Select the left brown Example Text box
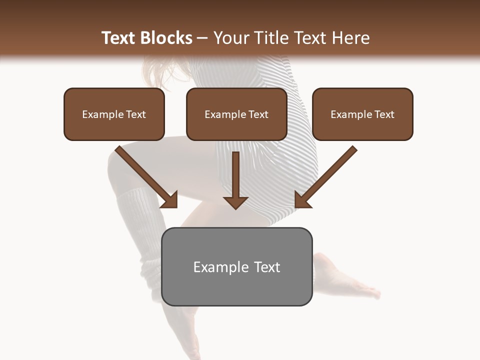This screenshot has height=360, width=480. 114,114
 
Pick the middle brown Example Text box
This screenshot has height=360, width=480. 236,114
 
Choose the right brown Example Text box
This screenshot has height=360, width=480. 362,114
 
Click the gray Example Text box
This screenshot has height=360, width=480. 236,267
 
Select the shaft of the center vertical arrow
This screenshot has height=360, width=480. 235,172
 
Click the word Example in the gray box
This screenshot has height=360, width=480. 214,267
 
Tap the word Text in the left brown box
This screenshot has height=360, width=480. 136,114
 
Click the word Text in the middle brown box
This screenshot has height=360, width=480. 258,114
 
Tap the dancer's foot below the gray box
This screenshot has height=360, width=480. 187,325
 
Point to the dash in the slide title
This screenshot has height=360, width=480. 202,38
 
